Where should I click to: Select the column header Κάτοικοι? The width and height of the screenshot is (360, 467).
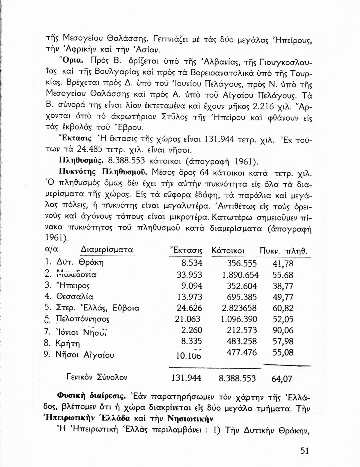click(x=228, y=251)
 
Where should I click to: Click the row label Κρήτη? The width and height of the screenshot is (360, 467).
click(x=68, y=344)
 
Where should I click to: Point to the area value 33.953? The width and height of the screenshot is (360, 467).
click(x=189, y=275)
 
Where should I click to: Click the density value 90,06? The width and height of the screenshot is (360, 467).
click(x=283, y=330)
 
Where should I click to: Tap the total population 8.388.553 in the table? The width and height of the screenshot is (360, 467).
click(x=237, y=378)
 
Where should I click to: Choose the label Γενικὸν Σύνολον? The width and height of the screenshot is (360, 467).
click(x=97, y=378)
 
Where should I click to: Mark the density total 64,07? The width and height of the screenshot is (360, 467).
click(x=282, y=379)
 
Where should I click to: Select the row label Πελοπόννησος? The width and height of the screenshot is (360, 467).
click(x=83, y=319)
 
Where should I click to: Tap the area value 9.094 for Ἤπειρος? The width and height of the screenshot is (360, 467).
click(x=192, y=286)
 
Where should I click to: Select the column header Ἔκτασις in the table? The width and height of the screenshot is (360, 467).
click(x=186, y=251)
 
